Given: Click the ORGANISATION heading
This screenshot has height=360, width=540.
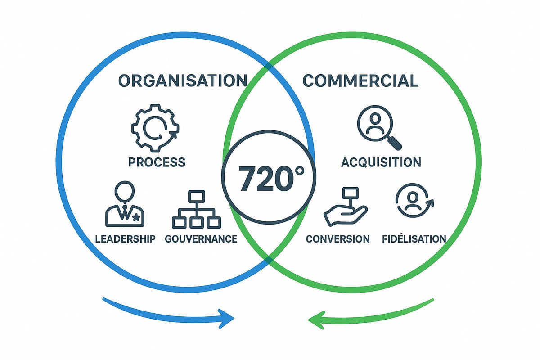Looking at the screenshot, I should [182, 81].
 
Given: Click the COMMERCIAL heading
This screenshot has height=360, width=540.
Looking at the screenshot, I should [360, 81].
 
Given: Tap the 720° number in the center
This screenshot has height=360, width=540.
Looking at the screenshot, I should [269, 177].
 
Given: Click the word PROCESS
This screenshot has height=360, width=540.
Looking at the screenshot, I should [157, 162].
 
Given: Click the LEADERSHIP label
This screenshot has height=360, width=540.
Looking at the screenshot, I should [125, 238].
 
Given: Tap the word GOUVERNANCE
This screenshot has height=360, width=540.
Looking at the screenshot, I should [201, 238].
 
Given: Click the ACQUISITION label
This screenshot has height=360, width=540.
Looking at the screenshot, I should [381, 162].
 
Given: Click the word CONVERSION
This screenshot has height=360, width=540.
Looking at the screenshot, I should [337, 238].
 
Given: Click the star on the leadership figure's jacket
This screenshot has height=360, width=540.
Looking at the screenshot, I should [137, 217].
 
